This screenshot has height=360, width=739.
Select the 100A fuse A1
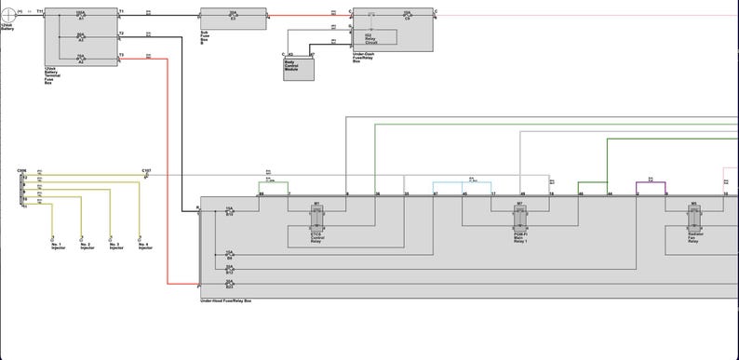pos(81,15)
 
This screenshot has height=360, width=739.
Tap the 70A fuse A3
pos(81,58)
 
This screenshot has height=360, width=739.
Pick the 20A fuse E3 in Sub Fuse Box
pos(233,15)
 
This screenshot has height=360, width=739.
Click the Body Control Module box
pos(298,67)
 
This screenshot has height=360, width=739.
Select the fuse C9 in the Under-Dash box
pos(407,15)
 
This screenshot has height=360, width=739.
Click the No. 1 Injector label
pos(58,247)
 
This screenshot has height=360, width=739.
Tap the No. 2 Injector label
pos(87,247)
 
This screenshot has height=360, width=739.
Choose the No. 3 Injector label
pos(115,247)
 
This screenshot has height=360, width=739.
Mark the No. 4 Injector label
pos(145,247)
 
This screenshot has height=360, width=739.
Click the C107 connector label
pos(146,171)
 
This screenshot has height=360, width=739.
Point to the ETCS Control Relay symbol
pos(316,218)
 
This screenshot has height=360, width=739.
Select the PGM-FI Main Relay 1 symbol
pos(519,218)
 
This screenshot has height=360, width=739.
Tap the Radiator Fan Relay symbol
pos(693,218)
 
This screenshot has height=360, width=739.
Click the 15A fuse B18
pos(229,212)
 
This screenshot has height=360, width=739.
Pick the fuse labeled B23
pos(229,283)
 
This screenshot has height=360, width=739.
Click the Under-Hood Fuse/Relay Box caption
pos(225,301)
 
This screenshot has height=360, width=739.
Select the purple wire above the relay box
pos(652,183)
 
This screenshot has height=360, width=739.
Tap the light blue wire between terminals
pos(464,183)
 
